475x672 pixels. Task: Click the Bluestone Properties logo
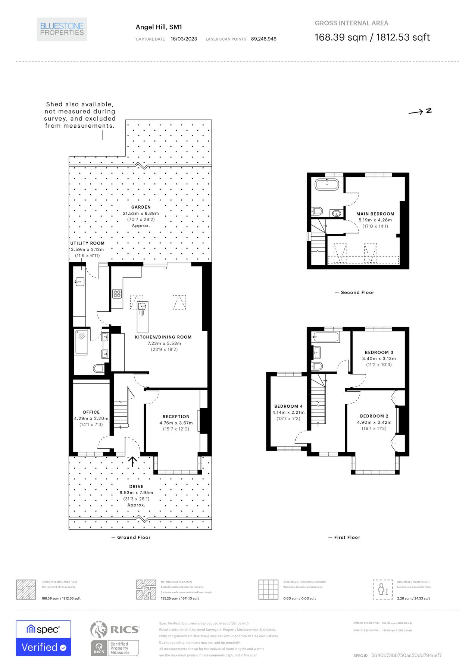pos(62,29)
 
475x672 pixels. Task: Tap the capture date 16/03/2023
pos(184,39)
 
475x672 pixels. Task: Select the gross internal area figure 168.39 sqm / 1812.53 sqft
pos(372,37)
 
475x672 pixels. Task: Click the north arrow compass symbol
pos(420,111)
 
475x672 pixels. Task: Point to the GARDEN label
pos(141,207)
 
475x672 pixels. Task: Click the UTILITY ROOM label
pos(87,243)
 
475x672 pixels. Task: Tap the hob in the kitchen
pos(117,294)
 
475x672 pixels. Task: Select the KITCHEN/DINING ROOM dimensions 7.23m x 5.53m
pos(164,343)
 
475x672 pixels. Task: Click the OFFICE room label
pos(91,412)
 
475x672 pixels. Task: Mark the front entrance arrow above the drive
pos(132,461)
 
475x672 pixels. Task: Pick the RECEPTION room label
pos(176,417)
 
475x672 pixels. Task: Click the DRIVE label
pos(136,486)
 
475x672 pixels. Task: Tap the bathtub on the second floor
pos(327,184)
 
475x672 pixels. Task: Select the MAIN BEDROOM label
pos(375,214)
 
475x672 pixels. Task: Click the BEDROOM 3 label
pos(379,352)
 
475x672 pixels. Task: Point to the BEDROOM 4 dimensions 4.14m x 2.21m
pos(288,412)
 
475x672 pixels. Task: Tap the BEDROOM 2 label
pos(374,416)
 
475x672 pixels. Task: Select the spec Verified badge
pos(43,638)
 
